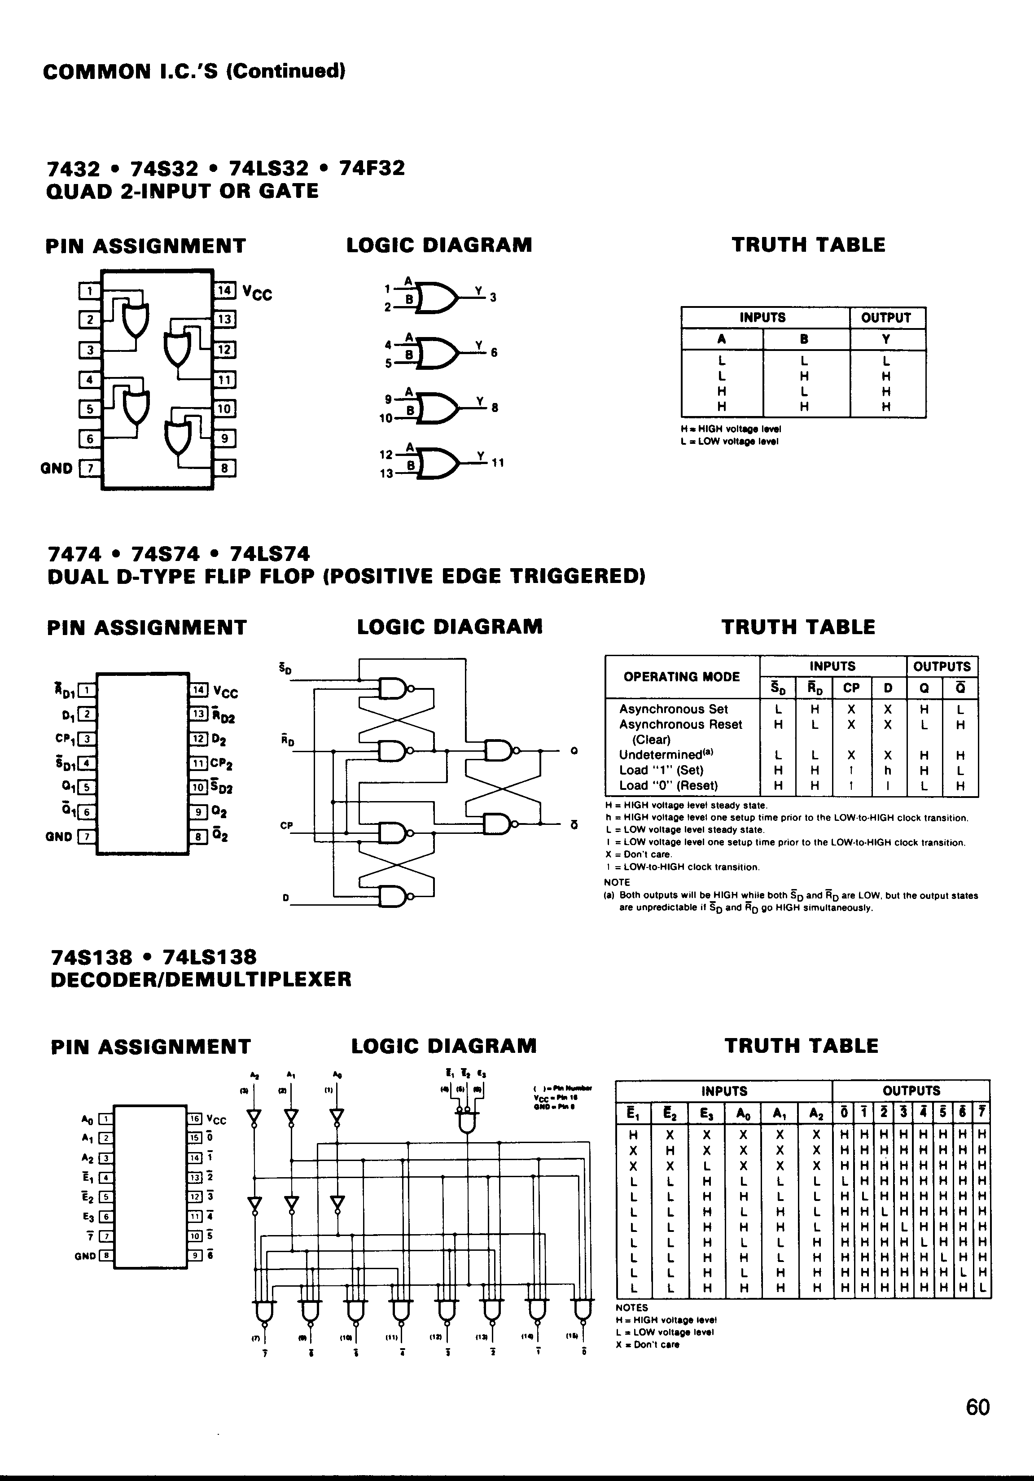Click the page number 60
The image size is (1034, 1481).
pyautogui.click(x=978, y=1425)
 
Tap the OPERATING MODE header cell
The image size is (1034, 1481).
pyautogui.click(x=681, y=677)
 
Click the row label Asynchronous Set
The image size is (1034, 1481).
pyautogui.click(x=674, y=709)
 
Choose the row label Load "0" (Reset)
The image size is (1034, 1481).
pyautogui.click(x=668, y=786)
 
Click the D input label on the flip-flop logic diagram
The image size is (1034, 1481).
pyautogui.click(x=285, y=897)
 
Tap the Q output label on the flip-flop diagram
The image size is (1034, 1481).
pyautogui.click(x=574, y=751)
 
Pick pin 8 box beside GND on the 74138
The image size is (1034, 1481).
pyautogui.click(x=105, y=1256)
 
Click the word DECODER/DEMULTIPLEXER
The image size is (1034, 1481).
pyautogui.click(x=201, y=979)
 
